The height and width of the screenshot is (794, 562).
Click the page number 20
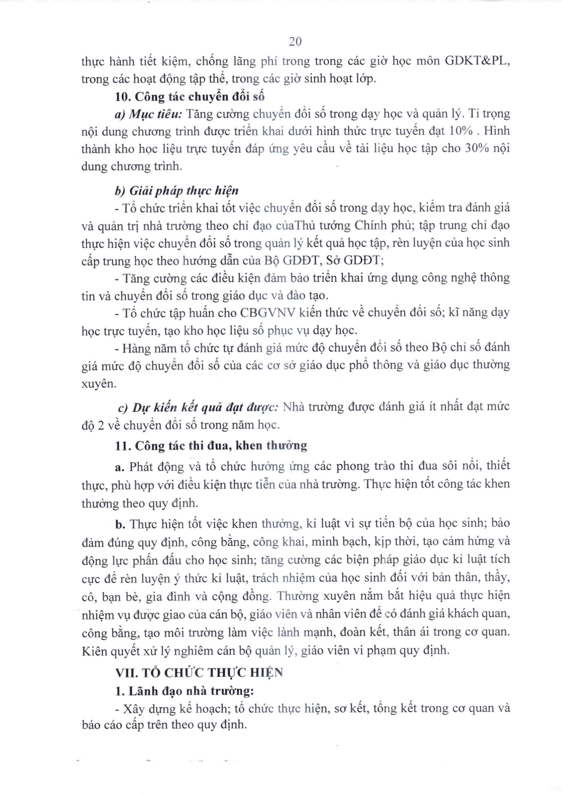295,41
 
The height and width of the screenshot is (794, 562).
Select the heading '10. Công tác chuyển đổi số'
190,96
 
